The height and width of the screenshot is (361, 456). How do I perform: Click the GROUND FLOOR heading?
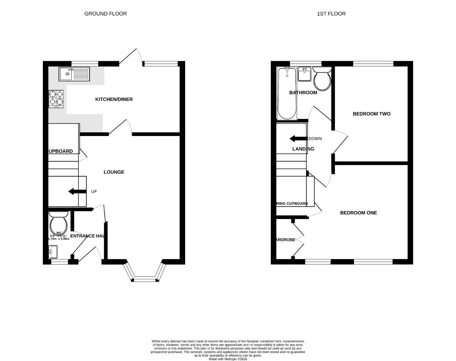tap(105, 14)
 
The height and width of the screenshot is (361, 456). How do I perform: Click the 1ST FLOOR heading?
tap(331, 14)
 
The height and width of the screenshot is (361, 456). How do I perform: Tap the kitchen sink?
tap(74, 74)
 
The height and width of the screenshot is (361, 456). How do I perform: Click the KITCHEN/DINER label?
tap(114, 99)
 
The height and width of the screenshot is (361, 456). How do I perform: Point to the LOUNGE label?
tap(114, 172)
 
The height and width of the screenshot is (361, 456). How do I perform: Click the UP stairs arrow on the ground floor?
tap(76, 192)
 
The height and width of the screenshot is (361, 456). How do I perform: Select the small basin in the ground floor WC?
tap(53, 251)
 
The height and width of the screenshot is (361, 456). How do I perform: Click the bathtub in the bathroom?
tap(287, 93)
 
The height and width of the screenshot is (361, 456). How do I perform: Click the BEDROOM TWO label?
tap(371, 114)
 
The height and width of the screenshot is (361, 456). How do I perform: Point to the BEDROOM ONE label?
tap(358, 213)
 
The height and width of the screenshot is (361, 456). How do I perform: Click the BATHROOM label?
tap(303, 93)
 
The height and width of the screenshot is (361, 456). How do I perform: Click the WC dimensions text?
tap(59, 237)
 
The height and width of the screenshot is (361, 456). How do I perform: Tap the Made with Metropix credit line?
tap(228, 359)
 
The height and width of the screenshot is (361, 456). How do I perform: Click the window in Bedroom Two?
tap(373, 64)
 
